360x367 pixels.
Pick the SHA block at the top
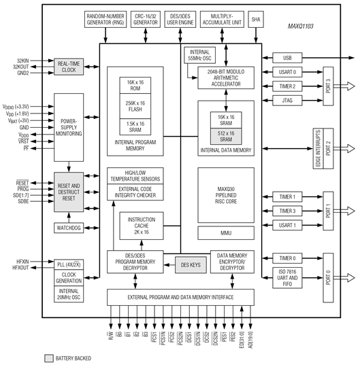pos(255,18)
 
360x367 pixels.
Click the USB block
pos(293,58)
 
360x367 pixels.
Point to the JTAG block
pos(293,101)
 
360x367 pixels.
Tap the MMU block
pos(226,233)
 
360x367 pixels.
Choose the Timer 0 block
pos(293,258)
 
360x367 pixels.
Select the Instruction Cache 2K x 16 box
pos(141,224)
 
